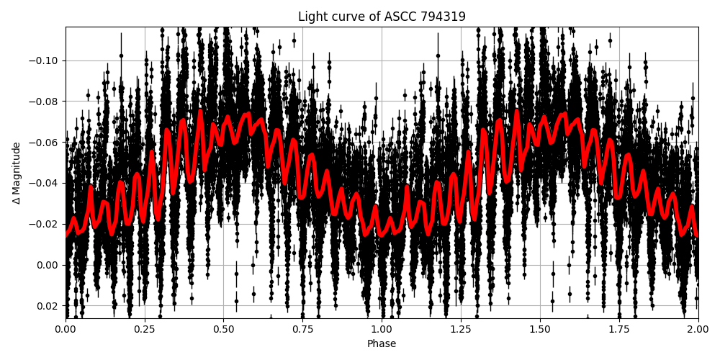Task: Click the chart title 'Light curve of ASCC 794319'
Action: tap(382, 17)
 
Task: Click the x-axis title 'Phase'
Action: tap(382, 343)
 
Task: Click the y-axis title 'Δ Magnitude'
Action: tap(17, 173)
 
